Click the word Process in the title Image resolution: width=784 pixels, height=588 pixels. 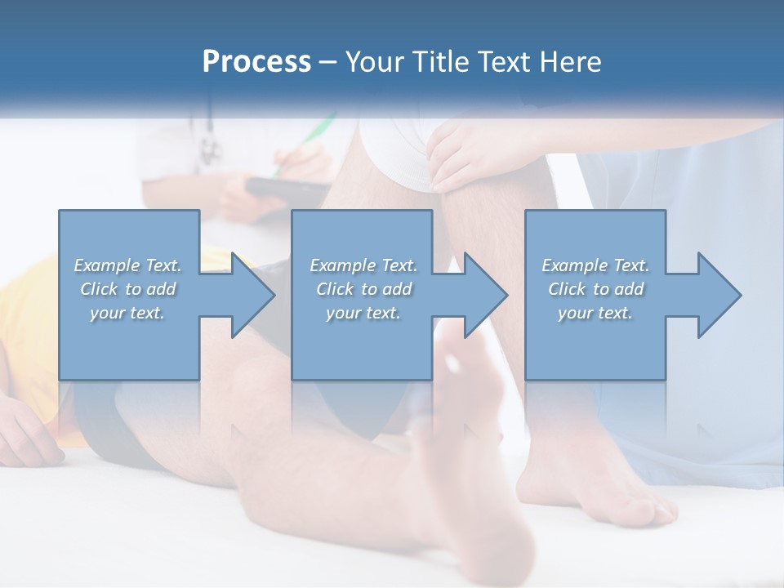pos(256,61)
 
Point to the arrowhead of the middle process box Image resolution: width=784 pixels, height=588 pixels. pos(485,295)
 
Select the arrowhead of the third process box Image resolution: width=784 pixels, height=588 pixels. pos(719,295)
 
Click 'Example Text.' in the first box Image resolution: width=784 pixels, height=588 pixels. pos(127,265)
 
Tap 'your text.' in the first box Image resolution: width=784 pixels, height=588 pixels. pos(127,312)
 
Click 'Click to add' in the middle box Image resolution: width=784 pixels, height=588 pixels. pos(363,288)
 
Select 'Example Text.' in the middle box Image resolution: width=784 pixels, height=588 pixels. pos(363,265)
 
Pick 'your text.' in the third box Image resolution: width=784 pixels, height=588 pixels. pos(595,312)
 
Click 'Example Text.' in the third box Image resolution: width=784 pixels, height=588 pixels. pos(595,265)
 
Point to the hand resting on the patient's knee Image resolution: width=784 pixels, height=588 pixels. pos(461,151)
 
